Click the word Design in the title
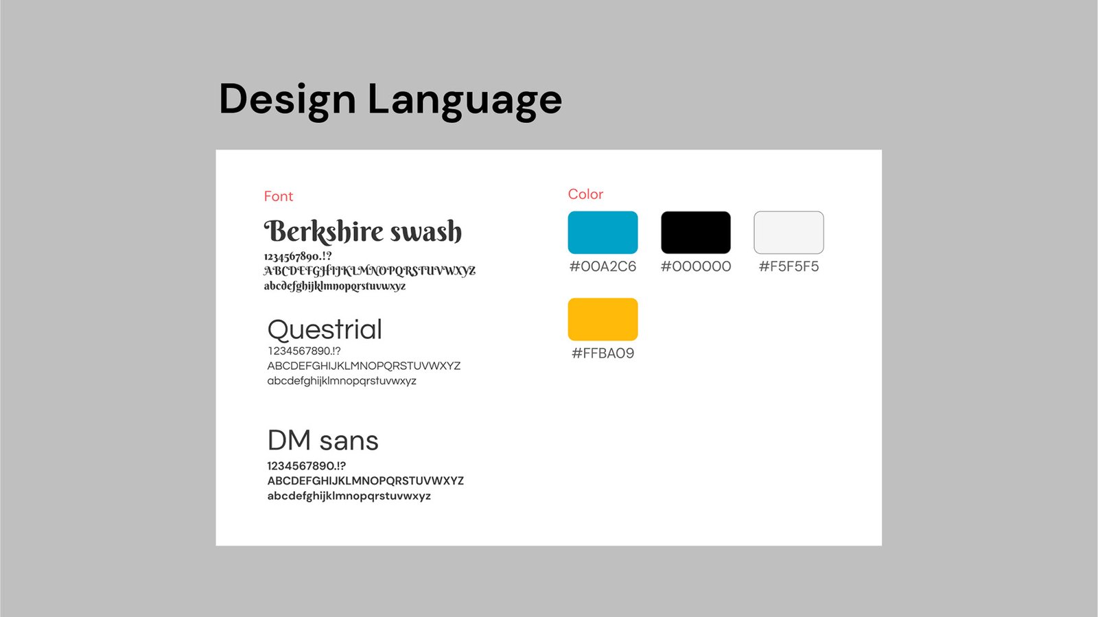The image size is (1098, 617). tap(288, 101)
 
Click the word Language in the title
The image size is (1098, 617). tap(465, 101)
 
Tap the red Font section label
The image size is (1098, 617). tap(279, 196)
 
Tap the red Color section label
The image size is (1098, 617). tap(585, 194)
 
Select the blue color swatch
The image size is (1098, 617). tap(603, 232)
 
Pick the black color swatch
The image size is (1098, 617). tap(696, 232)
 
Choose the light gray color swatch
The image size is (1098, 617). tap(789, 232)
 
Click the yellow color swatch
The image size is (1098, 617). tap(603, 319)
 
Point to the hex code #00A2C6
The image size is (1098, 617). tap(603, 266)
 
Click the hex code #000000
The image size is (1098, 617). tap(696, 266)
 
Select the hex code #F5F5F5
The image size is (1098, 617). tap(789, 266)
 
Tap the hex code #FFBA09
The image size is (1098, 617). tap(603, 353)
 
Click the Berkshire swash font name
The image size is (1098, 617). tap(363, 231)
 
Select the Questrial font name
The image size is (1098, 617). tap(325, 329)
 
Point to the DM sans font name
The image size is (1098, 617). tap(323, 440)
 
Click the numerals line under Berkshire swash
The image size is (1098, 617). tap(298, 256)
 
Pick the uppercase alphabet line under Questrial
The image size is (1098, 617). tap(364, 366)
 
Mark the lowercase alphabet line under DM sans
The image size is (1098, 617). tap(349, 496)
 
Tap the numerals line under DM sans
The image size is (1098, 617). tap(306, 466)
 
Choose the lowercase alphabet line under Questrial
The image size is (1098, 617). tap(342, 381)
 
